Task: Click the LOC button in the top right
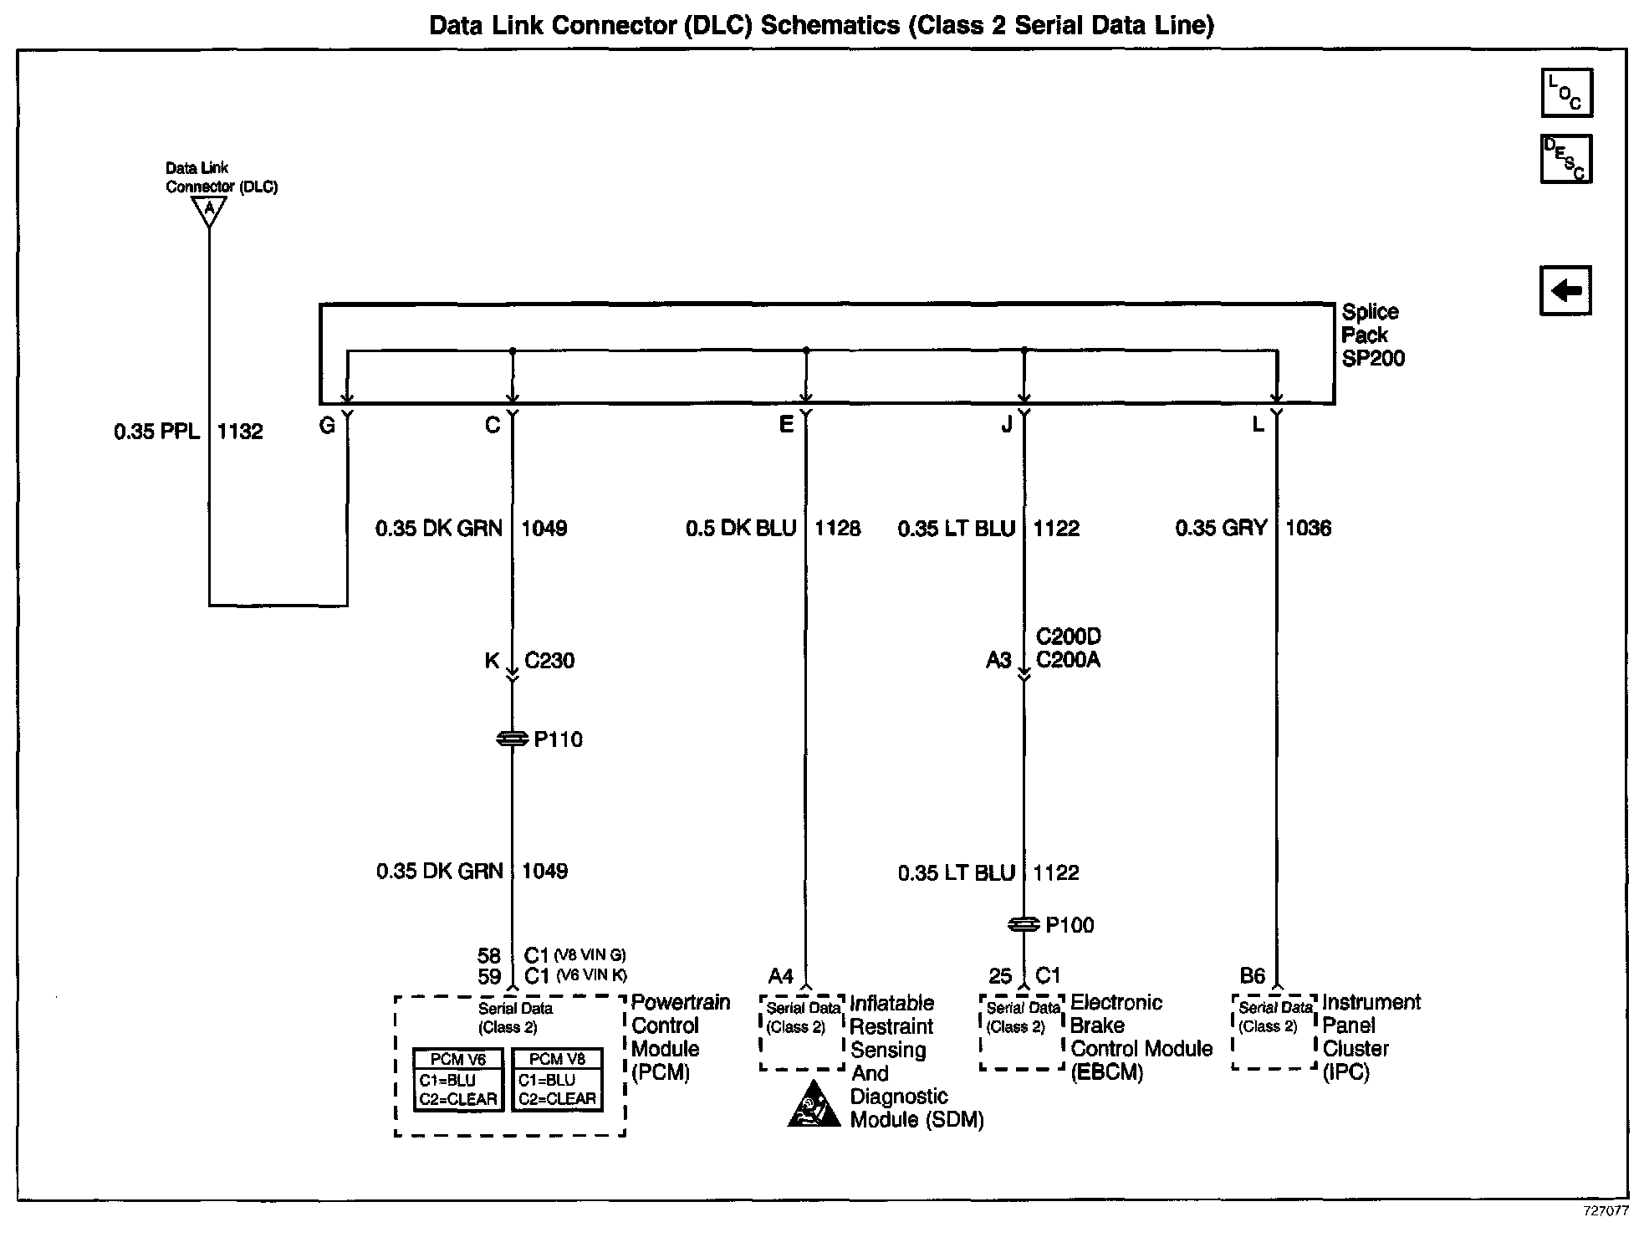1566,93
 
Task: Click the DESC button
1565,159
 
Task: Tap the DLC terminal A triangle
209,210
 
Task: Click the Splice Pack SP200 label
1372,335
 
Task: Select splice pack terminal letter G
327,427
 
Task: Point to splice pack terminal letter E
786,425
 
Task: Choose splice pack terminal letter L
1258,425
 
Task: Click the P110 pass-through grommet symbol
512,739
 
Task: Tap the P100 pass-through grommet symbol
1024,925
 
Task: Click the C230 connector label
549,661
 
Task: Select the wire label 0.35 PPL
157,432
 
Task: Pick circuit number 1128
838,529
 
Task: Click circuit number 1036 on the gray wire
1308,528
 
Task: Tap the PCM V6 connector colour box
458,1080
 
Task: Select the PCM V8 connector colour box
557,1080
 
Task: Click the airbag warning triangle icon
814,1105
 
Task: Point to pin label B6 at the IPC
1252,976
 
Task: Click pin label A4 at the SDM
780,976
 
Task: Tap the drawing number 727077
1605,1211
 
